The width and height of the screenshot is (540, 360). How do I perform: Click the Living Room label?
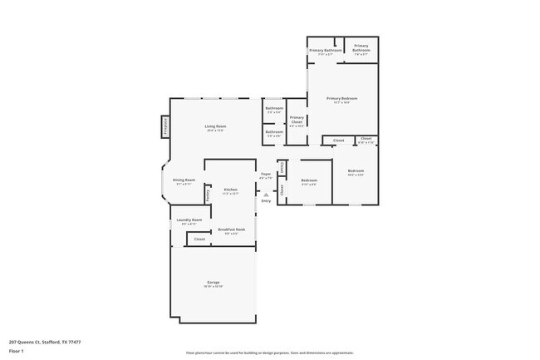[x=216, y=126]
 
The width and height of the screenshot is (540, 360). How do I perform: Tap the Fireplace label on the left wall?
[x=165, y=126]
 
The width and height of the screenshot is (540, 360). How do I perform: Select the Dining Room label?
[x=184, y=180]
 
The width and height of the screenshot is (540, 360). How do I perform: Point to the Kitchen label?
[x=230, y=190]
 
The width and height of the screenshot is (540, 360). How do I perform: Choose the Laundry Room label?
[x=189, y=219]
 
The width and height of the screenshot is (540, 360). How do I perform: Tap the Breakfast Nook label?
[x=231, y=229]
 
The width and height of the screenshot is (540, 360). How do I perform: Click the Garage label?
[x=214, y=283]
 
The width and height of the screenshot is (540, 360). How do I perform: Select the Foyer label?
[x=265, y=174]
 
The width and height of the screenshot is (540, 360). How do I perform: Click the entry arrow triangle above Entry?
[x=266, y=195]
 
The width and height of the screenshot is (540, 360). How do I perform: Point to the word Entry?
[x=266, y=201]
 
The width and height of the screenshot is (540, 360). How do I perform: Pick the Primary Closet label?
[x=297, y=120]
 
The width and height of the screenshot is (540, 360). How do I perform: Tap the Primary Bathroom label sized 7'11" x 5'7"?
[x=326, y=50]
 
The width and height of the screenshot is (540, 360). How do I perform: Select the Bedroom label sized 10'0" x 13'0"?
[x=356, y=170]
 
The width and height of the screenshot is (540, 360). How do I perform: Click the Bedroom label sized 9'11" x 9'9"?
[x=309, y=180]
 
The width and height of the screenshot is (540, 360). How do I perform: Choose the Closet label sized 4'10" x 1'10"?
[x=366, y=139]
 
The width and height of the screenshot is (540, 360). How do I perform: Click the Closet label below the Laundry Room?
[x=199, y=239]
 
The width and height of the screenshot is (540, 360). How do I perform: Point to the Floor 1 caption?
[x=16, y=352]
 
